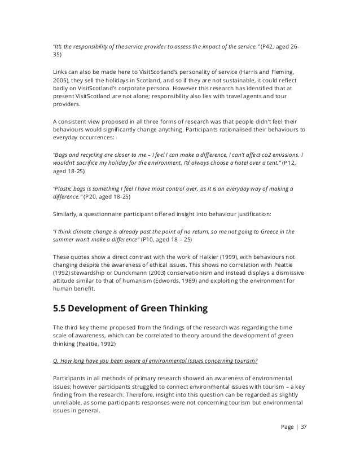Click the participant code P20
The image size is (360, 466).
point(91,197)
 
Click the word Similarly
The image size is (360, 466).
point(63,214)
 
